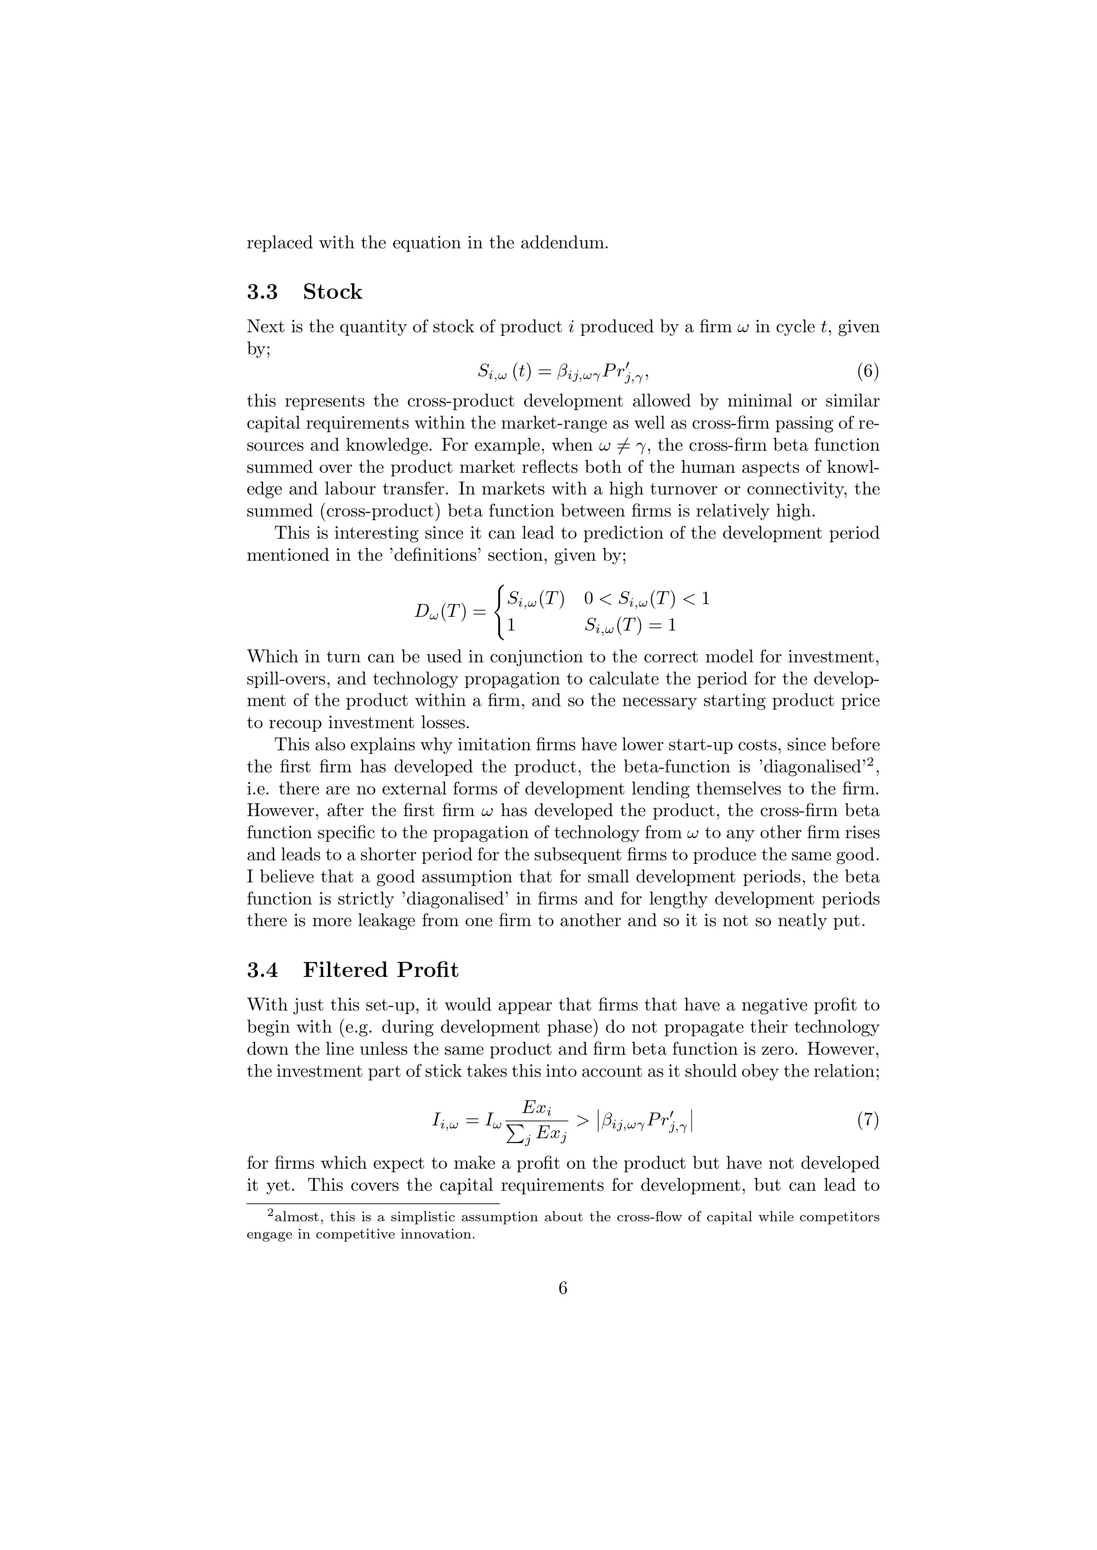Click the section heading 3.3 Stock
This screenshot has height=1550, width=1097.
[x=304, y=293]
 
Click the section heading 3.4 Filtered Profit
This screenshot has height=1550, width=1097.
[x=352, y=970]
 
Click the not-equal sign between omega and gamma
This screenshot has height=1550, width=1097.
[x=614, y=445]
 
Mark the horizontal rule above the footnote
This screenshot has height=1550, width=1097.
[x=372, y=1203]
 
